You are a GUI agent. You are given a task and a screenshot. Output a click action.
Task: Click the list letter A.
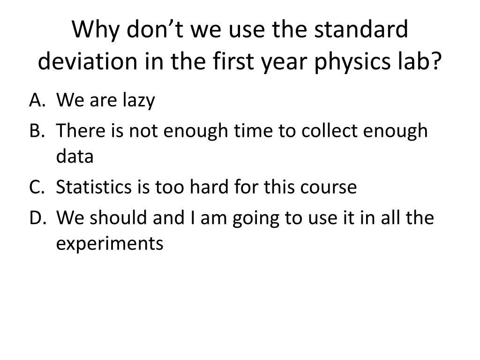[36, 100]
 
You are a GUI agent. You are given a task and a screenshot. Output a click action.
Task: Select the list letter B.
[36, 131]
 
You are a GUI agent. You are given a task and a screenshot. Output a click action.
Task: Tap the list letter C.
[36, 187]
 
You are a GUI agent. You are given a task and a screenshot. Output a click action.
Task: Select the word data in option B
[75, 157]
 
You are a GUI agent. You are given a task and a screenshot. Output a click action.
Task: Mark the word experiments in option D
[110, 244]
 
